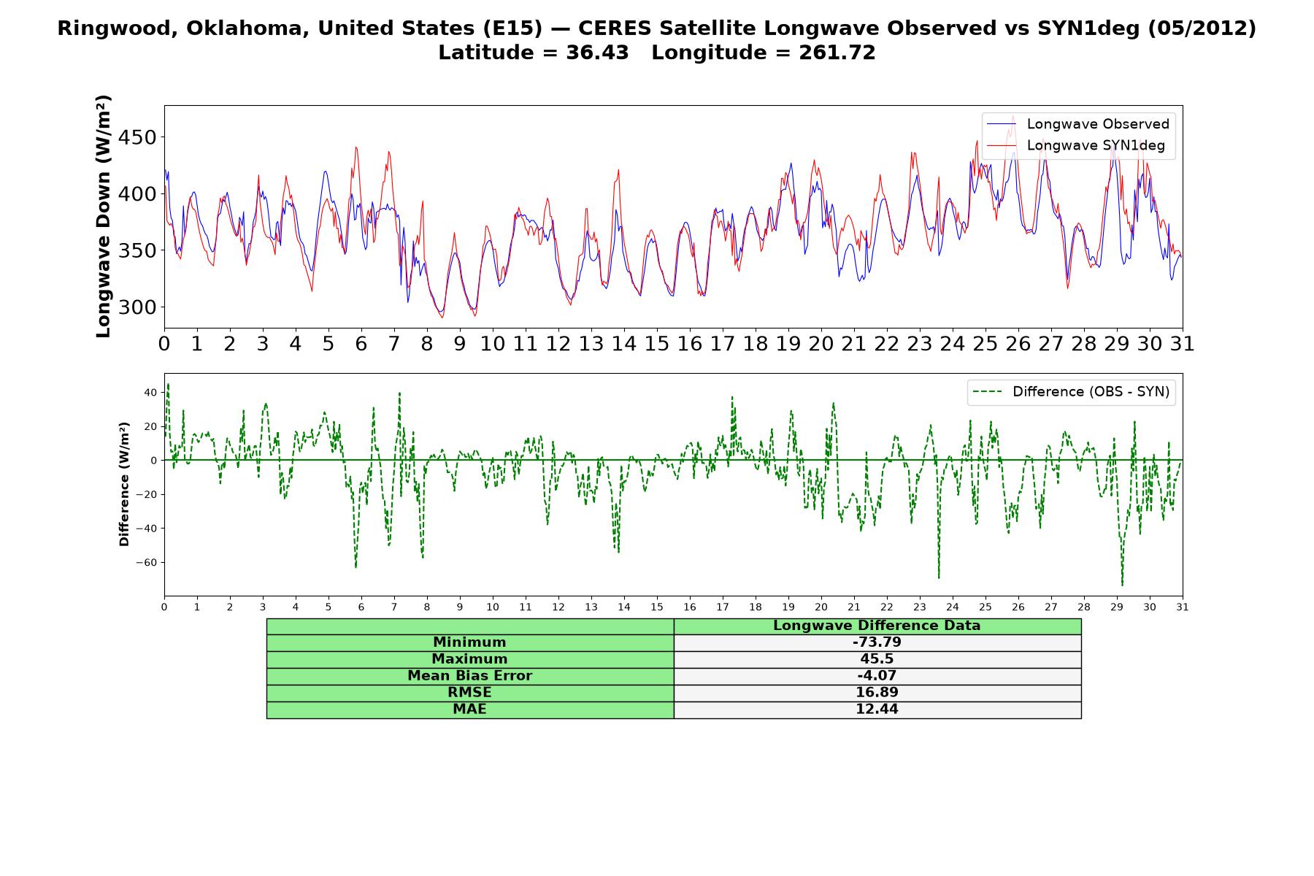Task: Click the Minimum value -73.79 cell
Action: point(877,642)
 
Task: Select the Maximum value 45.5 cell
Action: point(877,659)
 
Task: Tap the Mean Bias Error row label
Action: point(469,676)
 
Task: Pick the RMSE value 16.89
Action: point(877,693)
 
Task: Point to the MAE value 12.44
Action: point(877,710)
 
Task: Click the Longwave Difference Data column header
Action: point(877,626)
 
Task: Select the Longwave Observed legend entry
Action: point(1078,124)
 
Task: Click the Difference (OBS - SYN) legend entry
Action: point(1072,392)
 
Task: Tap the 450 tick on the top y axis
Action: point(139,137)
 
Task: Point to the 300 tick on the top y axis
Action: point(139,307)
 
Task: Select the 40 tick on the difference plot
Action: point(150,393)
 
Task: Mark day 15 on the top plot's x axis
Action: point(657,344)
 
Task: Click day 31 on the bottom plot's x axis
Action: point(1183,607)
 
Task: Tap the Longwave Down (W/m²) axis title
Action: point(103,216)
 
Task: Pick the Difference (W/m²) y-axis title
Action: point(124,484)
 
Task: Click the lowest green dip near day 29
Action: point(1122,585)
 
